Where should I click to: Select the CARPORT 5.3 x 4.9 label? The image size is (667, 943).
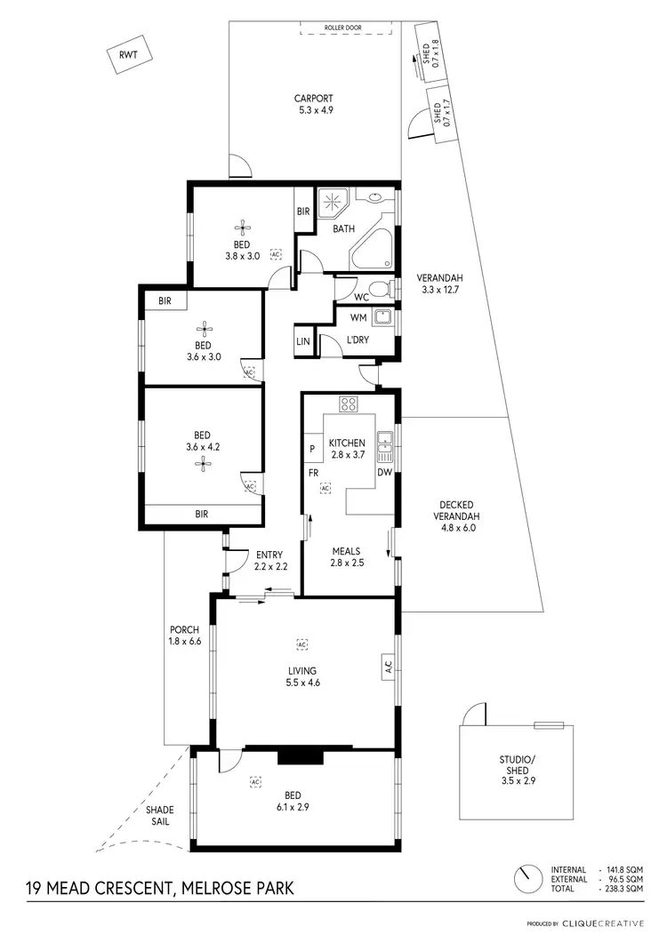[314, 105]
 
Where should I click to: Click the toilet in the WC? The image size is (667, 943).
[382, 289]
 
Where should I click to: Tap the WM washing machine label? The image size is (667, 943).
[358, 316]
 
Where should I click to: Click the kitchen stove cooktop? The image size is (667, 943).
[350, 404]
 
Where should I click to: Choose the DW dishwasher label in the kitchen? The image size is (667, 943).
[384, 473]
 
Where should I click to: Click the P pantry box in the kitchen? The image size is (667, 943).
[312, 450]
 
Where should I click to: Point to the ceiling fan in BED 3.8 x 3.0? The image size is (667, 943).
[241, 228]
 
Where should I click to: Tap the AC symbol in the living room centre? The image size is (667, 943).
[302, 643]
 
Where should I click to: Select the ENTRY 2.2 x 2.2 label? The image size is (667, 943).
[268, 561]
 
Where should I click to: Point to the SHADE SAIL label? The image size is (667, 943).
[161, 816]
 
